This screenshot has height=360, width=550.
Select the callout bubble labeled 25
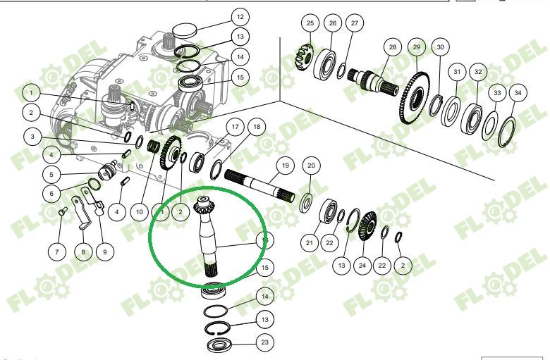[309, 24]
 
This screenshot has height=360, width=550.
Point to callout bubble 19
[284, 166]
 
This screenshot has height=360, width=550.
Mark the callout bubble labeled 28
[393, 46]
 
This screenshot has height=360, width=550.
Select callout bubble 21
[308, 243]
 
